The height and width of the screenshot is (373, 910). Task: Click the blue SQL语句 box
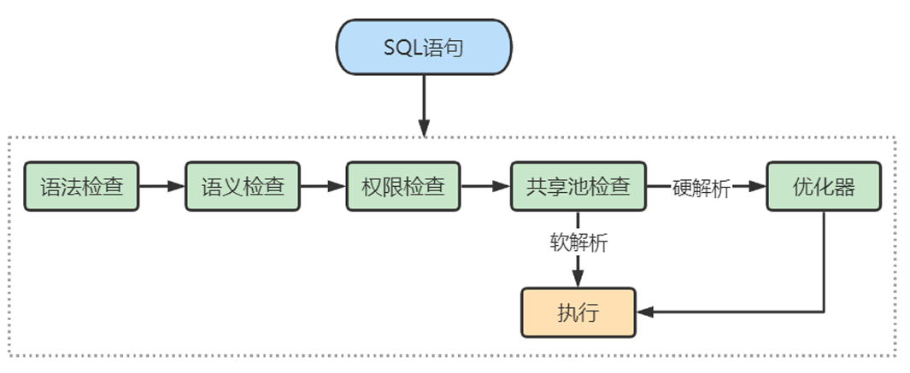click(424, 47)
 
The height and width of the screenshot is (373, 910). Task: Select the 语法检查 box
click(81, 186)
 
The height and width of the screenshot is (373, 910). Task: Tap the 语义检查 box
click(243, 186)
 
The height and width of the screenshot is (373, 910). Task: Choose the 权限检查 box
click(403, 186)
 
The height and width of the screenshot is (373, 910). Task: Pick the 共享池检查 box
click(578, 186)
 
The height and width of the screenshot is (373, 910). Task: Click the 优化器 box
click(823, 186)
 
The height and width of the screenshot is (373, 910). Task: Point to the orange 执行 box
click(578, 312)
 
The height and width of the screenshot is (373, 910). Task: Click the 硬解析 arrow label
click(702, 189)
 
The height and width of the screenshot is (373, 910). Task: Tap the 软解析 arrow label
click(578, 242)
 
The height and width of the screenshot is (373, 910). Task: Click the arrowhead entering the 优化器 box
click(758, 186)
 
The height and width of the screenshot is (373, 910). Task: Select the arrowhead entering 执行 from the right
click(645, 312)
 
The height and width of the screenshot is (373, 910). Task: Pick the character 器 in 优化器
click(843, 186)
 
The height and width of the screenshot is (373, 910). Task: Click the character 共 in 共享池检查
click(537, 186)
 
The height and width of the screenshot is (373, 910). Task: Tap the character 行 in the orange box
click(589, 312)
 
